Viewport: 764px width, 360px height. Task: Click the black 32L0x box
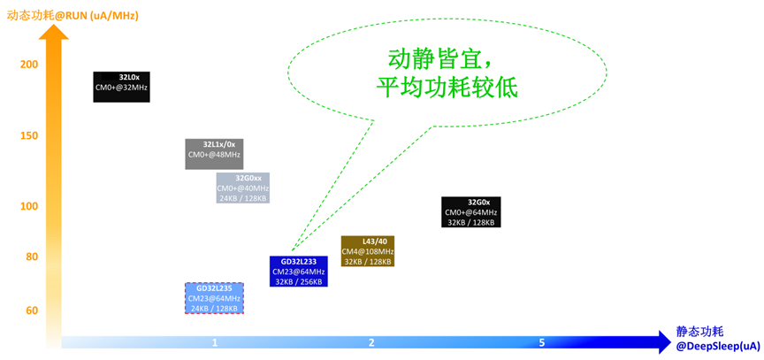(x=121, y=87)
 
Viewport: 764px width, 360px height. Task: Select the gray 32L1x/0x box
(x=214, y=154)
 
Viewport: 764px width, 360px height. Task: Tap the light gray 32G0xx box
(x=243, y=188)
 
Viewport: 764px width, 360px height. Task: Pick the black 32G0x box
(x=470, y=212)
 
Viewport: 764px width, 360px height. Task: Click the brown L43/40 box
(x=367, y=251)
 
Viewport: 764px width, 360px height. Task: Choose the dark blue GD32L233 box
(x=298, y=272)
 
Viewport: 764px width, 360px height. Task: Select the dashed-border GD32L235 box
(x=214, y=298)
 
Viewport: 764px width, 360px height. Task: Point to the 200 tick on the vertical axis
(x=28, y=65)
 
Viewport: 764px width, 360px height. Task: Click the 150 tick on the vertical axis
(x=28, y=135)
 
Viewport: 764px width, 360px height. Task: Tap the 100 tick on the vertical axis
(x=28, y=206)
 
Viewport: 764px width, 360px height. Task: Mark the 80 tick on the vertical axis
(x=32, y=257)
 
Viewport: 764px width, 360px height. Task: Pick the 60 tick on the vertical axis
(x=32, y=310)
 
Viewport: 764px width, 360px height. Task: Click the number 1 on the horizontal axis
(x=215, y=342)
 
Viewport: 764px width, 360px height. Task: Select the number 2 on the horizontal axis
(x=371, y=342)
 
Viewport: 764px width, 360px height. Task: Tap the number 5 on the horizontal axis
(x=541, y=342)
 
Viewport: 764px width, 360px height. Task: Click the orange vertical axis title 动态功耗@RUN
(x=73, y=15)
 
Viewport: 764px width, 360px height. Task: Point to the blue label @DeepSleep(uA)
(x=718, y=345)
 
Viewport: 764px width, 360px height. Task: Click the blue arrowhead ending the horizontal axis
(x=660, y=342)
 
